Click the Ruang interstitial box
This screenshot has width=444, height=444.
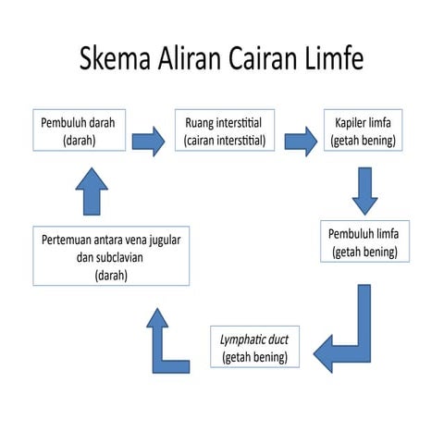click(225, 130)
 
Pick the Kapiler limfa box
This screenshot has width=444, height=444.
click(364, 130)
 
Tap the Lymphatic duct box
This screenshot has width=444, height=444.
click(254, 347)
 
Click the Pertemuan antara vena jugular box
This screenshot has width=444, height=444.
click(111, 256)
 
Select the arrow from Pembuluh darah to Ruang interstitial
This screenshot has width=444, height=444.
click(148, 142)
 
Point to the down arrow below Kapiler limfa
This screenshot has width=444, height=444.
click(364, 190)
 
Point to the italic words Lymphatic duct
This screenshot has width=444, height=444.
click(254, 339)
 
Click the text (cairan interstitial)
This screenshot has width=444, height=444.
click(225, 141)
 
